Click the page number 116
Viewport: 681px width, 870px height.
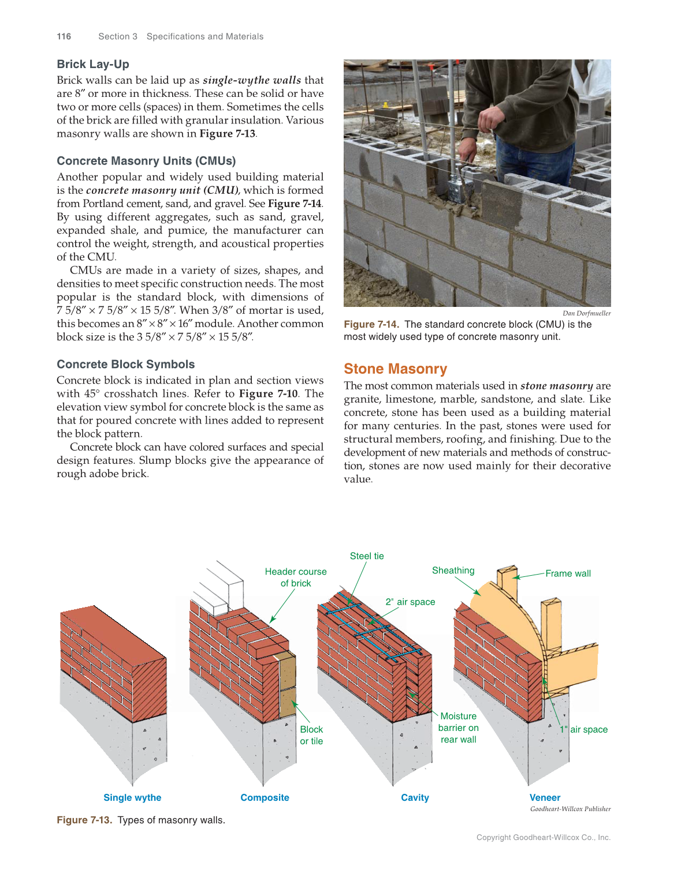pyautogui.click(x=64, y=36)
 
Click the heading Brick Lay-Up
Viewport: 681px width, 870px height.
pyautogui.click(x=93, y=64)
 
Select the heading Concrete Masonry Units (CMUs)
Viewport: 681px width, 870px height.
pyautogui.click(x=146, y=161)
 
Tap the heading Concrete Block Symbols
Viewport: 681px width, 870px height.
pyautogui.click(x=125, y=364)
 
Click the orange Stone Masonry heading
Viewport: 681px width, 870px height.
pyautogui.click(x=395, y=369)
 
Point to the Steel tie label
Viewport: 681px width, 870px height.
pyautogui.click(x=367, y=556)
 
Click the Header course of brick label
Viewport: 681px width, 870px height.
pyautogui.click(x=296, y=577)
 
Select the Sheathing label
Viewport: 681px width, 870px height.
pyautogui.click(x=453, y=571)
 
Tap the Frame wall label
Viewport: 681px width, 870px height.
pyautogui.click(x=568, y=573)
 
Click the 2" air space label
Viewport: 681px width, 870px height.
pyautogui.click(x=410, y=602)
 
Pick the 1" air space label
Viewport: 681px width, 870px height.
pyautogui.click(x=583, y=729)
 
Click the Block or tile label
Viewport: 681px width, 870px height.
pyautogui.click(x=311, y=735)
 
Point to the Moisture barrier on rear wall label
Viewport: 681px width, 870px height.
pyautogui.click(x=459, y=727)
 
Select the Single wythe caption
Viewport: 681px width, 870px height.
pyautogui.click(x=132, y=797)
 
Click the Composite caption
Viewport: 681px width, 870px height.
pyautogui.click(x=265, y=797)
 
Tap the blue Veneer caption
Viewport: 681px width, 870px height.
pyautogui.click(x=545, y=797)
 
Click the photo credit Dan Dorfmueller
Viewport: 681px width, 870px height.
pyautogui.click(x=586, y=313)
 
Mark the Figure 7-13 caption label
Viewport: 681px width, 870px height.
pyautogui.click(x=84, y=820)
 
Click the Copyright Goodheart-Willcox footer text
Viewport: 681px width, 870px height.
pyautogui.click(x=543, y=837)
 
